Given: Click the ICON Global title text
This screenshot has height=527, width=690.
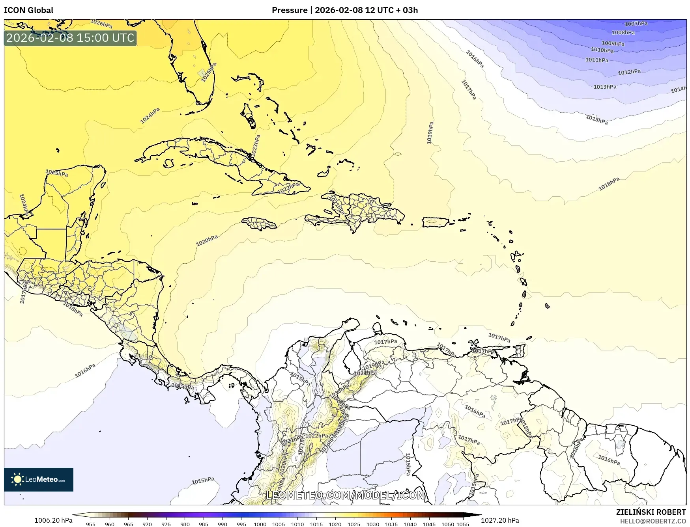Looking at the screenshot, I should pos(28,10).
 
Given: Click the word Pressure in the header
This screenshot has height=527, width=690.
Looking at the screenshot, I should pos(289,10).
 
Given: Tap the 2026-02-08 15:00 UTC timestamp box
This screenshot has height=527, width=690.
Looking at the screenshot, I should pos(70,38).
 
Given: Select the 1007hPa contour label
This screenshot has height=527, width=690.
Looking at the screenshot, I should pos(636,24).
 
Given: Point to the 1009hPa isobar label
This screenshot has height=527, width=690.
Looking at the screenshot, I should pos(613,43).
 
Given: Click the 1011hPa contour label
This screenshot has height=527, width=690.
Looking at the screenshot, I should pos(597,60).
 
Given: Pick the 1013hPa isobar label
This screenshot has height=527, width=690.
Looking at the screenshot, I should pos(605,87).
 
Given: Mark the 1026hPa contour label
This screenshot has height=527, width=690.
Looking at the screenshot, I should pos(101,24).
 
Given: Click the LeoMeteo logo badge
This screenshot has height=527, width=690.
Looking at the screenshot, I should pos(39,479).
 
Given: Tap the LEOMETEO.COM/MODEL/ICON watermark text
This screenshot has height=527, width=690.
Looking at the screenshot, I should pos(345,495).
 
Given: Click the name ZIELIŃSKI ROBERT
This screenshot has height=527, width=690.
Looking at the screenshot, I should pos(651,512).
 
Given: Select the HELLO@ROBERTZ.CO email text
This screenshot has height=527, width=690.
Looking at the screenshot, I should pos(653,521).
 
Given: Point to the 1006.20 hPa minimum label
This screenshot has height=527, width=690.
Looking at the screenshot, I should pos(53,520).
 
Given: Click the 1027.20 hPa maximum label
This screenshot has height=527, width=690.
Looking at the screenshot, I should pos(500,520).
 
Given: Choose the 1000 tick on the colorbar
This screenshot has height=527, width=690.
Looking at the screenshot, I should pos(260,524).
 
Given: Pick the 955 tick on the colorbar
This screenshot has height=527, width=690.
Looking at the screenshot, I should pos(91,524).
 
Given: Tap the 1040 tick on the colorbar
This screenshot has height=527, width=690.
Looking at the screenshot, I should pos(410,524).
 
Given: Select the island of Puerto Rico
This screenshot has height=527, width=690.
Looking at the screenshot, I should pos(436,222).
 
